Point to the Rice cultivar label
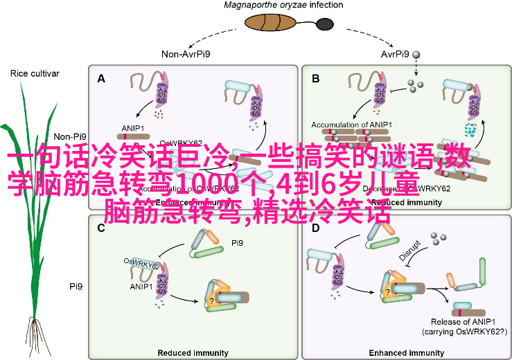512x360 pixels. (35, 73)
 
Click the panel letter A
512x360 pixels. (101, 79)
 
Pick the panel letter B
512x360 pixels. (316, 79)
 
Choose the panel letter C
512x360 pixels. (101, 228)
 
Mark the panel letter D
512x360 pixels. (316, 228)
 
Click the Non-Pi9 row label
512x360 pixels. (69, 137)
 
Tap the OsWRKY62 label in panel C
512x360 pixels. (142, 262)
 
